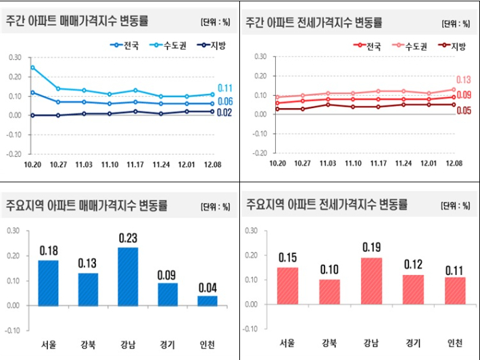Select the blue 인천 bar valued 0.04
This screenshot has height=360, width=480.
coord(208,300)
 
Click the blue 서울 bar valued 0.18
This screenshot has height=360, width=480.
coord(49,282)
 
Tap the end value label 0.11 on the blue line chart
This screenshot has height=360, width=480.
coord(225,88)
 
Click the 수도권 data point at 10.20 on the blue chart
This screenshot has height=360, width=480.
coord(32,68)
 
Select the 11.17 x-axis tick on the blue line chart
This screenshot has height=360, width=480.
coord(135,164)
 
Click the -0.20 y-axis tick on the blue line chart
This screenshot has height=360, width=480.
coord(14,153)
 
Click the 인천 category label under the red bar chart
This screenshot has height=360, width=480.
coord(455,343)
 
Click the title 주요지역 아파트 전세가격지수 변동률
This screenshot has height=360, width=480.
coord(327,204)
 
